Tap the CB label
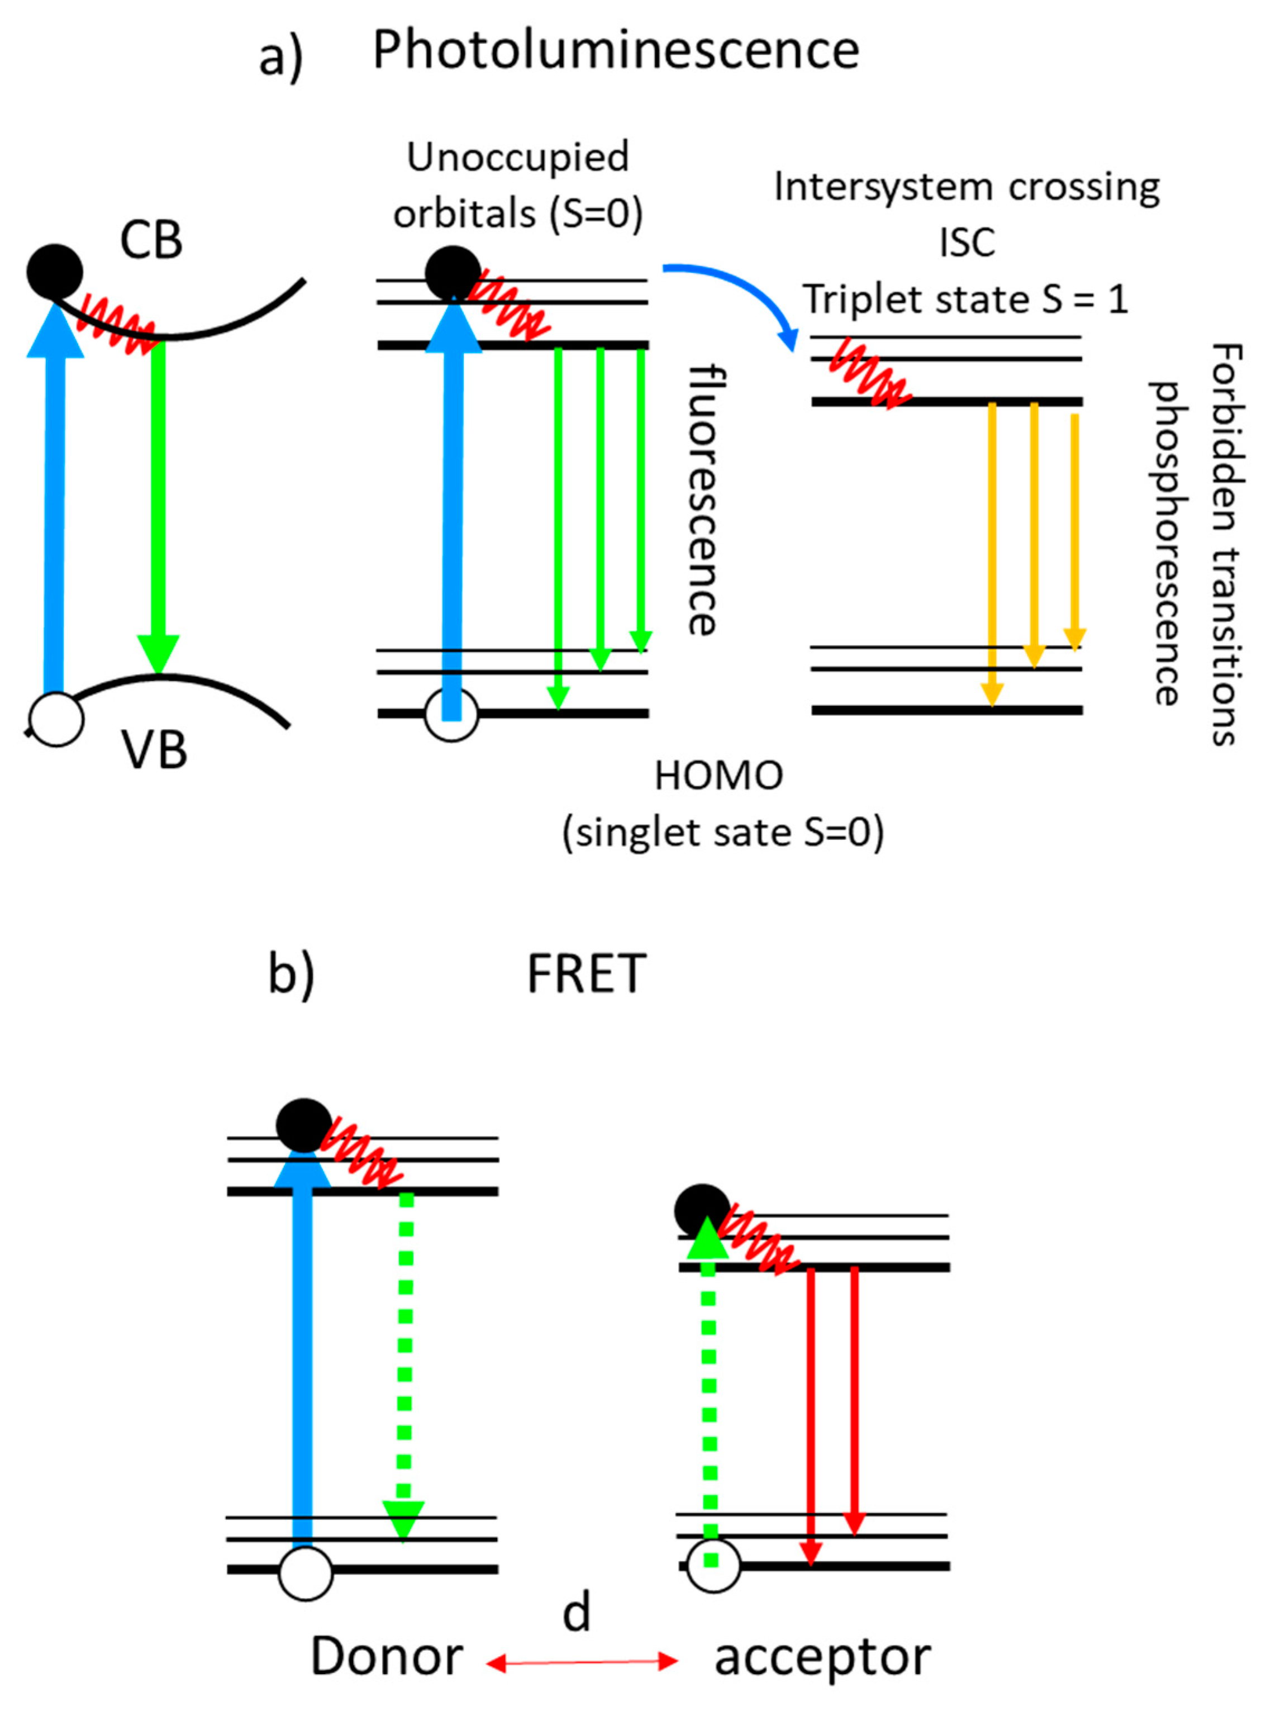151,240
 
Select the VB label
154,750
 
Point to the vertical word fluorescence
702,500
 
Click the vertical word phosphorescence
1167,543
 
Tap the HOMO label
718,776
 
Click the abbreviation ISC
967,243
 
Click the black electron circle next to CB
55,272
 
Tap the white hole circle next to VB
56,720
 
